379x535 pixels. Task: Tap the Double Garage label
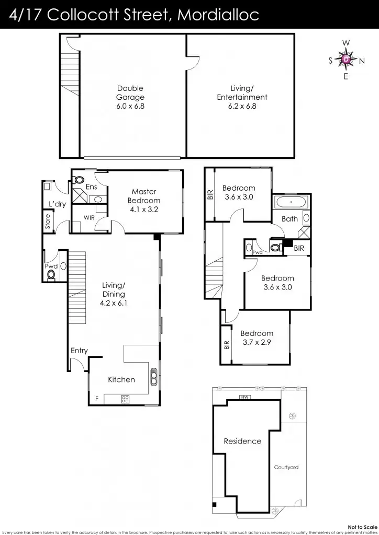(x=130, y=97)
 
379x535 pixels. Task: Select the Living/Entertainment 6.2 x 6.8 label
(x=242, y=97)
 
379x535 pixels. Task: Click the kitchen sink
(x=154, y=377)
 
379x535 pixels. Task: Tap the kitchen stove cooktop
(x=126, y=399)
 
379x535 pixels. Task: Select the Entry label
(x=79, y=351)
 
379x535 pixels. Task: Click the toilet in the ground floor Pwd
(x=51, y=275)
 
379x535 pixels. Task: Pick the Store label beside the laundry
(x=48, y=222)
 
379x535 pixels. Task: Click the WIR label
(x=89, y=217)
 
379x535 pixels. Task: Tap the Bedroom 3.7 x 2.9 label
(x=257, y=338)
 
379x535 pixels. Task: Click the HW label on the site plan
(x=243, y=398)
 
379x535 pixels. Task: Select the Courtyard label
(x=286, y=467)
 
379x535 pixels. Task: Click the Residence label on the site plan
(x=242, y=441)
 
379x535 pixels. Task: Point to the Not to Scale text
(x=362, y=527)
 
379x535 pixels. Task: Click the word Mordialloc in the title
(x=218, y=15)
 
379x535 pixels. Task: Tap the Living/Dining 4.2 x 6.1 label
(x=114, y=294)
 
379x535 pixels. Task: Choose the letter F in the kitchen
(x=96, y=399)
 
